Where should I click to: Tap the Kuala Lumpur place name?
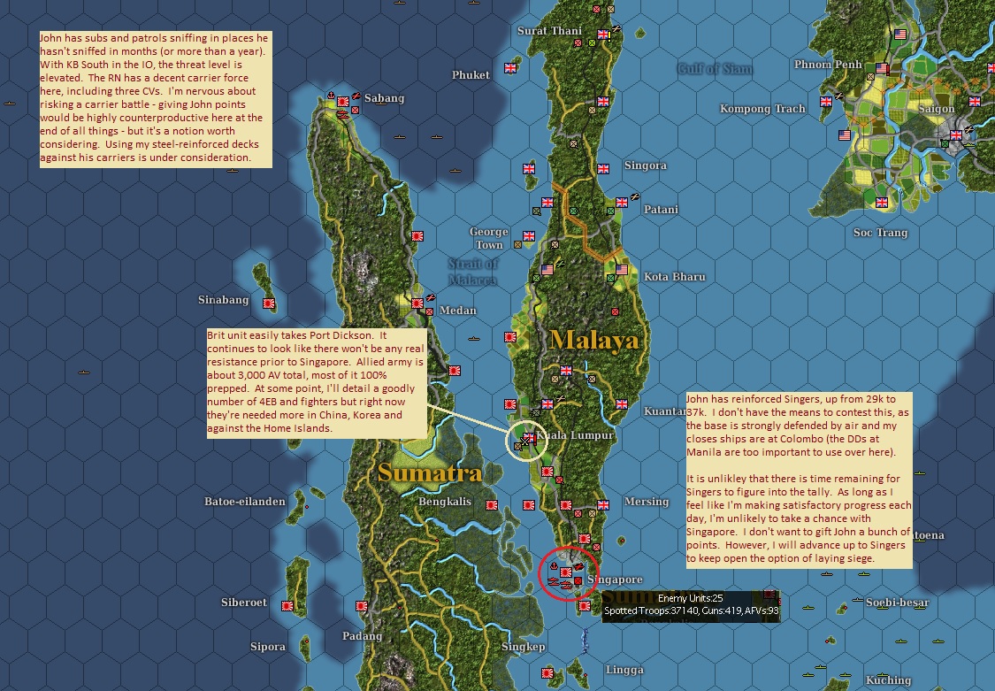(576, 436)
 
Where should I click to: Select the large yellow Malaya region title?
(594, 339)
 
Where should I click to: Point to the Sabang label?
(384, 98)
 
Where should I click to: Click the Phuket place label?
(471, 75)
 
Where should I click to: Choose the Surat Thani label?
(549, 31)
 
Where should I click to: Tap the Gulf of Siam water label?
(715, 69)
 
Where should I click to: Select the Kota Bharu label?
(674, 277)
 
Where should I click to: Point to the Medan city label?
(457, 311)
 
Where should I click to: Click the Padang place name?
(363, 636)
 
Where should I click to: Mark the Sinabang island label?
(223, 300)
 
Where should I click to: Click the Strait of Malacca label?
(472, 272)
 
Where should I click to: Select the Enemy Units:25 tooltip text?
(690, 598)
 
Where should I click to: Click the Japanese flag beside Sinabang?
(269, 303)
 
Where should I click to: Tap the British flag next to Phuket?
(510, 67)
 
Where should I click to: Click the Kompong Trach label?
(762, 109)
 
